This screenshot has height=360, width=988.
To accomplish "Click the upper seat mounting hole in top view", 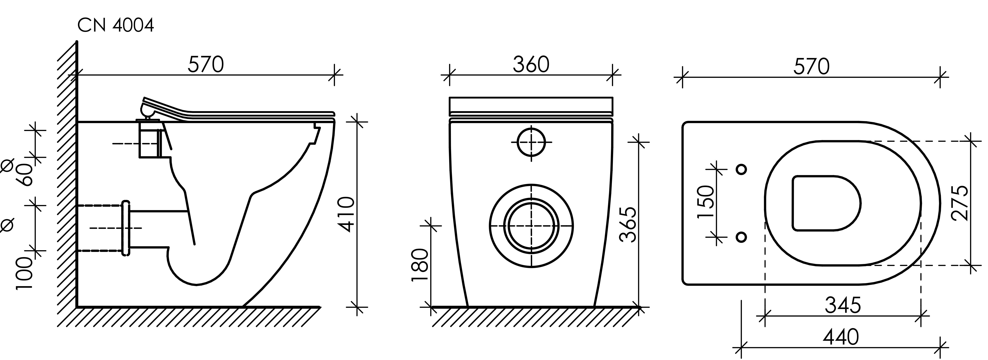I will click(742, 169).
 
